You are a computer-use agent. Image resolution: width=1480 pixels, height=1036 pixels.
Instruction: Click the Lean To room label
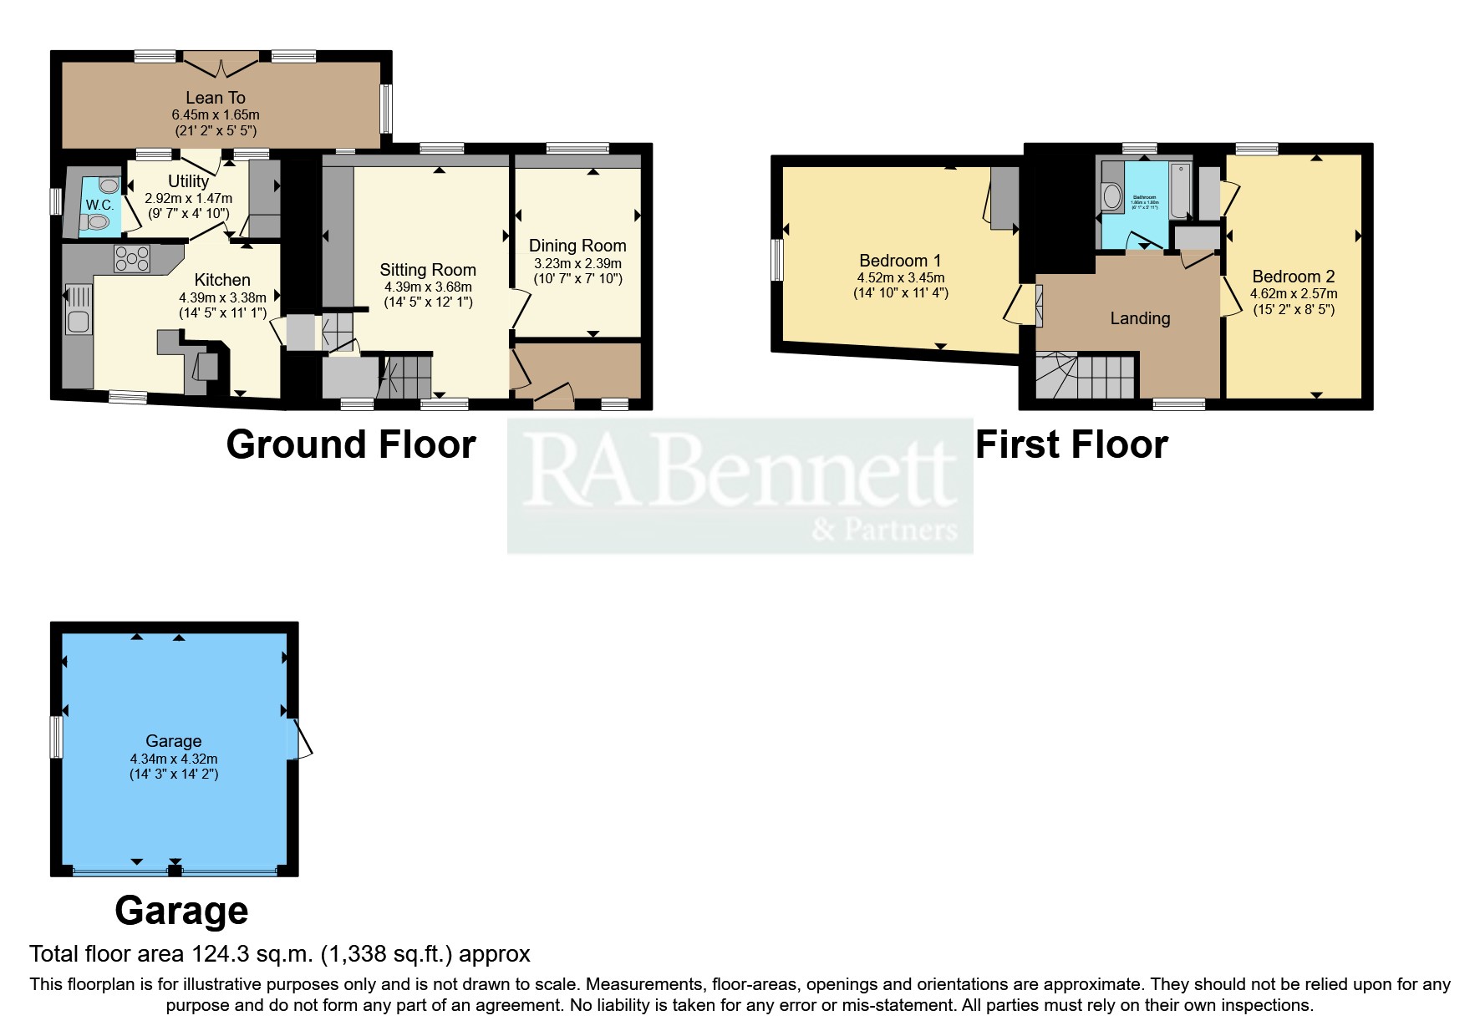click(215, 98)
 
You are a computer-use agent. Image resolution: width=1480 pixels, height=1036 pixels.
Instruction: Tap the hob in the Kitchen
click(132, 258)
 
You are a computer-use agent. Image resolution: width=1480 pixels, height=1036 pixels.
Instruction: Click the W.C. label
click(99, 205)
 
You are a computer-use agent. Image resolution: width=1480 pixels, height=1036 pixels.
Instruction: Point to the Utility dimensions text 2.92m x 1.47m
click(188, 199)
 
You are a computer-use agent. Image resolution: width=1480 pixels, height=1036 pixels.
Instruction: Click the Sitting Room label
click(427, 270)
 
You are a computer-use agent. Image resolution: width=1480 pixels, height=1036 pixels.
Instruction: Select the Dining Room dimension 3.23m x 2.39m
click(577, 263)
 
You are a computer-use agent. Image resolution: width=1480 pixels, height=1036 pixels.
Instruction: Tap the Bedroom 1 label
click(899, 261)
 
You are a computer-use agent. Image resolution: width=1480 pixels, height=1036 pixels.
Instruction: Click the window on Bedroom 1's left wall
click(777, 260)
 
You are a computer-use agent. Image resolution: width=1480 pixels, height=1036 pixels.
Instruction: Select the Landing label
click(1139, 318)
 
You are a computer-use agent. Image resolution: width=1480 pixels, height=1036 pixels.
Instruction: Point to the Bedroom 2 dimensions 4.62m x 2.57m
click(1293, 294)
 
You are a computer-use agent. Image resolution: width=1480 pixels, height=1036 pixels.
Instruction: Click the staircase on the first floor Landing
click(1086, 376)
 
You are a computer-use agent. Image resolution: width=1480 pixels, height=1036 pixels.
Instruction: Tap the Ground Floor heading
click(351, 444)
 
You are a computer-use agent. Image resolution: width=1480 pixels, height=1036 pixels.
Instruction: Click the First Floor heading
click(1071, 444)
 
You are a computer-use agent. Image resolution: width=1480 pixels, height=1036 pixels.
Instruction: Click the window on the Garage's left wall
click(57, 736)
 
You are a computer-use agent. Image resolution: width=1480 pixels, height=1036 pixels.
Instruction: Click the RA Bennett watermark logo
click(740, 485)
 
